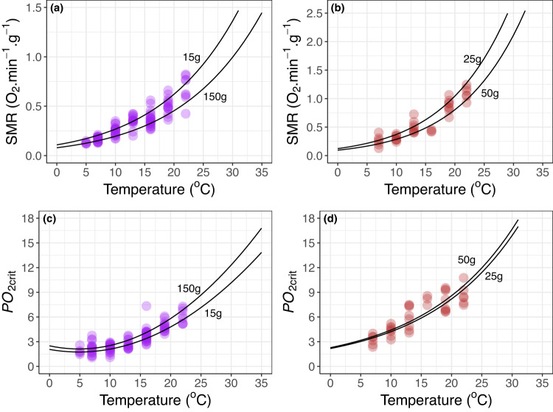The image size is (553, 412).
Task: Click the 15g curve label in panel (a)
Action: [192, 57]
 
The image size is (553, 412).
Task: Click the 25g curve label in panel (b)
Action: [471, 56]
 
